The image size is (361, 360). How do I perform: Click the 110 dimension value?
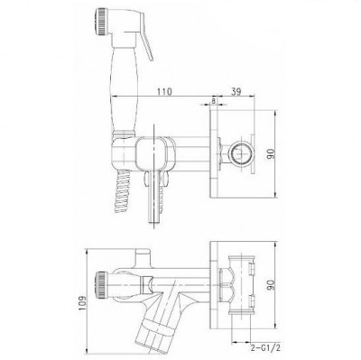163,91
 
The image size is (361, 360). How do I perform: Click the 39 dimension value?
236,91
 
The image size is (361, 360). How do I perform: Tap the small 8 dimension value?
213,101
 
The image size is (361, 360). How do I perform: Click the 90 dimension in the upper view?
271,153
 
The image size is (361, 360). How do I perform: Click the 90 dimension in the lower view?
271,286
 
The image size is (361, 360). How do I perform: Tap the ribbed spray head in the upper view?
101,22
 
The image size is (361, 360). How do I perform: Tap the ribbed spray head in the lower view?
101,284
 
